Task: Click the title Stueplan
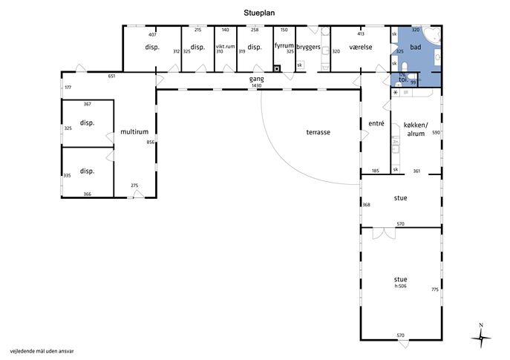(x=259, y=13)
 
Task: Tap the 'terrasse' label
(x=318, y=132)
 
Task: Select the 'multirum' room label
(x=134, y=131)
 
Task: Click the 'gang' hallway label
(x=257, y=79)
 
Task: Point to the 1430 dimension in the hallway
(x=257, y=85)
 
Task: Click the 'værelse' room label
(x=361, y=47)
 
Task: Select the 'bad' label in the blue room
(x=416, y=47)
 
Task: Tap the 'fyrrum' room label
(x=284, y=45)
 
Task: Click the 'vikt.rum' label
(x=225, y=46)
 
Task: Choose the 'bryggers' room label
(x=308, y=47)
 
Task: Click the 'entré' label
(x=376, y=123)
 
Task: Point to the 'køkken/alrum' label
(x=416, y=129)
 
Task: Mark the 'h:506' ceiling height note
(x=400, y=287)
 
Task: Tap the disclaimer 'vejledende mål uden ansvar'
(x=42, y=351)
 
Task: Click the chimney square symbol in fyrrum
(x=277, y=68)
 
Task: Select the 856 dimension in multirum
(x=150, y=142)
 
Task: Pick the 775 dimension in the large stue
(x=435, y=289)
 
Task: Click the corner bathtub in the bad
(x=431, y=36)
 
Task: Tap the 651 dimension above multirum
(x=111, y=76)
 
